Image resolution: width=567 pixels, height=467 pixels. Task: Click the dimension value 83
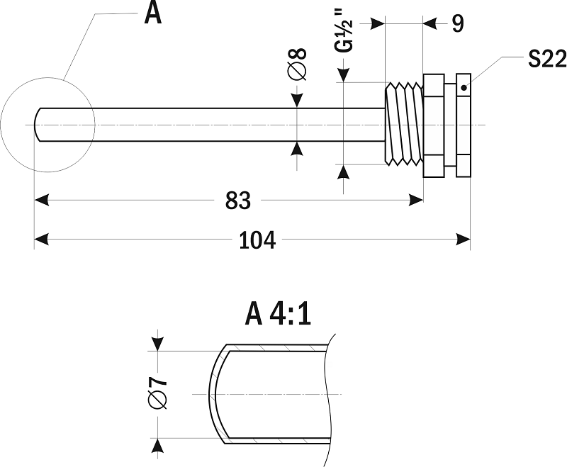238,201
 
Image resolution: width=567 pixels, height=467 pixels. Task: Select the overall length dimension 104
257,240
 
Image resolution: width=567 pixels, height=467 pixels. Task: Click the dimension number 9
457,23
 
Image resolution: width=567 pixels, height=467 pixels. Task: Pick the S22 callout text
546,60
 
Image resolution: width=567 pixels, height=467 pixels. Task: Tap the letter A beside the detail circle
152,13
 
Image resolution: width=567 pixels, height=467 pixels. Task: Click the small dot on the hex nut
464,88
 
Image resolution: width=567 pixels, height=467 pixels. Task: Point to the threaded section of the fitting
403,124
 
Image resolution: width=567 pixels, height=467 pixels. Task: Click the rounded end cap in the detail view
214,394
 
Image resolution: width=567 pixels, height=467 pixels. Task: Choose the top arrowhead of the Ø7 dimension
157,343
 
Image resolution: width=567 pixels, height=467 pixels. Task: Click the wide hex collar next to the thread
432,125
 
